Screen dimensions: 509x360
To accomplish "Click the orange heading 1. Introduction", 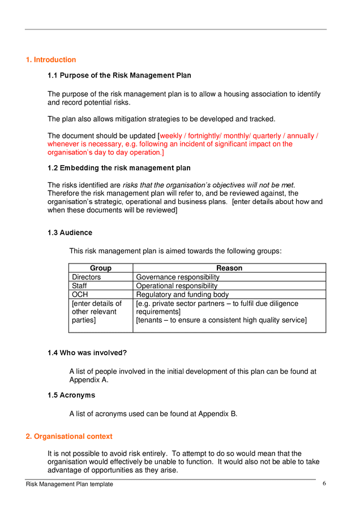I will point(51,60).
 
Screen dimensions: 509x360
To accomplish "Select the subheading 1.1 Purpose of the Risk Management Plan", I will point(119,75).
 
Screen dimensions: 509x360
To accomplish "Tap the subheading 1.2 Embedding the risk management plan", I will point(119,168).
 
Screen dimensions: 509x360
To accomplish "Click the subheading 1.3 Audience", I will point(70,232).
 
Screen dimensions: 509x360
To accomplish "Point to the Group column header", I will point(101,268).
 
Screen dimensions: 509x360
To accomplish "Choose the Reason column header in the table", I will point(229,268).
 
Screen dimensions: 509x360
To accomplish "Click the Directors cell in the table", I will point(87,277).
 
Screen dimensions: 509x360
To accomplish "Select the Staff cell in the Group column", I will point(79,286).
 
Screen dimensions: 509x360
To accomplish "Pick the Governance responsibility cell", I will point(178,277).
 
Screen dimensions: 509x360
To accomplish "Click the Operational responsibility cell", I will point(177,286).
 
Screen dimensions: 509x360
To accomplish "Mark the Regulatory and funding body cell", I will point(182,295).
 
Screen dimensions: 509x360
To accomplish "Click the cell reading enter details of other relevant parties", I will point(96,312).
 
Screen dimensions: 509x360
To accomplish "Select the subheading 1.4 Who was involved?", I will point(87,353).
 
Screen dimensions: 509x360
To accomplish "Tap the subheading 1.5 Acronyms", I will point(71,395).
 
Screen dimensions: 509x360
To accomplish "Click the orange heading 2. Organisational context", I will point(69,437).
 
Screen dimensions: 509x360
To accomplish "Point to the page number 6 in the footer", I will point(324,484).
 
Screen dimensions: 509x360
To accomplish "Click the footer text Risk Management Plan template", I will point(69,484).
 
